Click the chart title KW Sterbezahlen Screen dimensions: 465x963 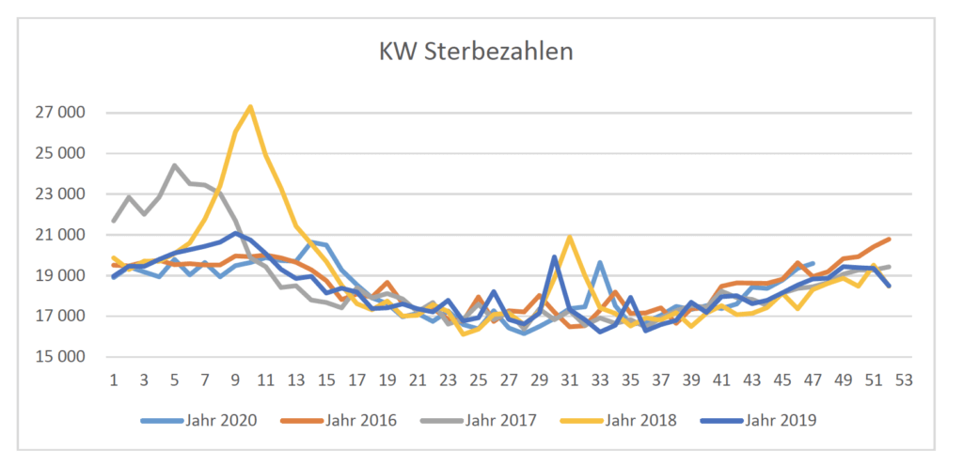pos(476,51)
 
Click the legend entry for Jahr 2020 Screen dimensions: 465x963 pos(221,420)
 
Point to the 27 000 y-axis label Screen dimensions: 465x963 pos(58,114)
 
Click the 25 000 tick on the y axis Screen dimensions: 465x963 pos(58,154)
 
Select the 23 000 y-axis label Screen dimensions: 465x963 pos(58,194)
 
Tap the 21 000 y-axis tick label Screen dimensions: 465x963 pos(58,235)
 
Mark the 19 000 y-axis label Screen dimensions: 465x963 pos(58,276)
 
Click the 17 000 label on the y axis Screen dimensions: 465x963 pos(58,317)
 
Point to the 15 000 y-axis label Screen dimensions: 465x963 pos(58,357)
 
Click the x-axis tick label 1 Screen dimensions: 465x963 pos(114,380)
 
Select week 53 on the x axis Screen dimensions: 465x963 pos(904,380)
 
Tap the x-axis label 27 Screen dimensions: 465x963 pos(509,380)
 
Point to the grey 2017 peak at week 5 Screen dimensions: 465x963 pos(174,165)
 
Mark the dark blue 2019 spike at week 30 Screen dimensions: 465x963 pos(555,256)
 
